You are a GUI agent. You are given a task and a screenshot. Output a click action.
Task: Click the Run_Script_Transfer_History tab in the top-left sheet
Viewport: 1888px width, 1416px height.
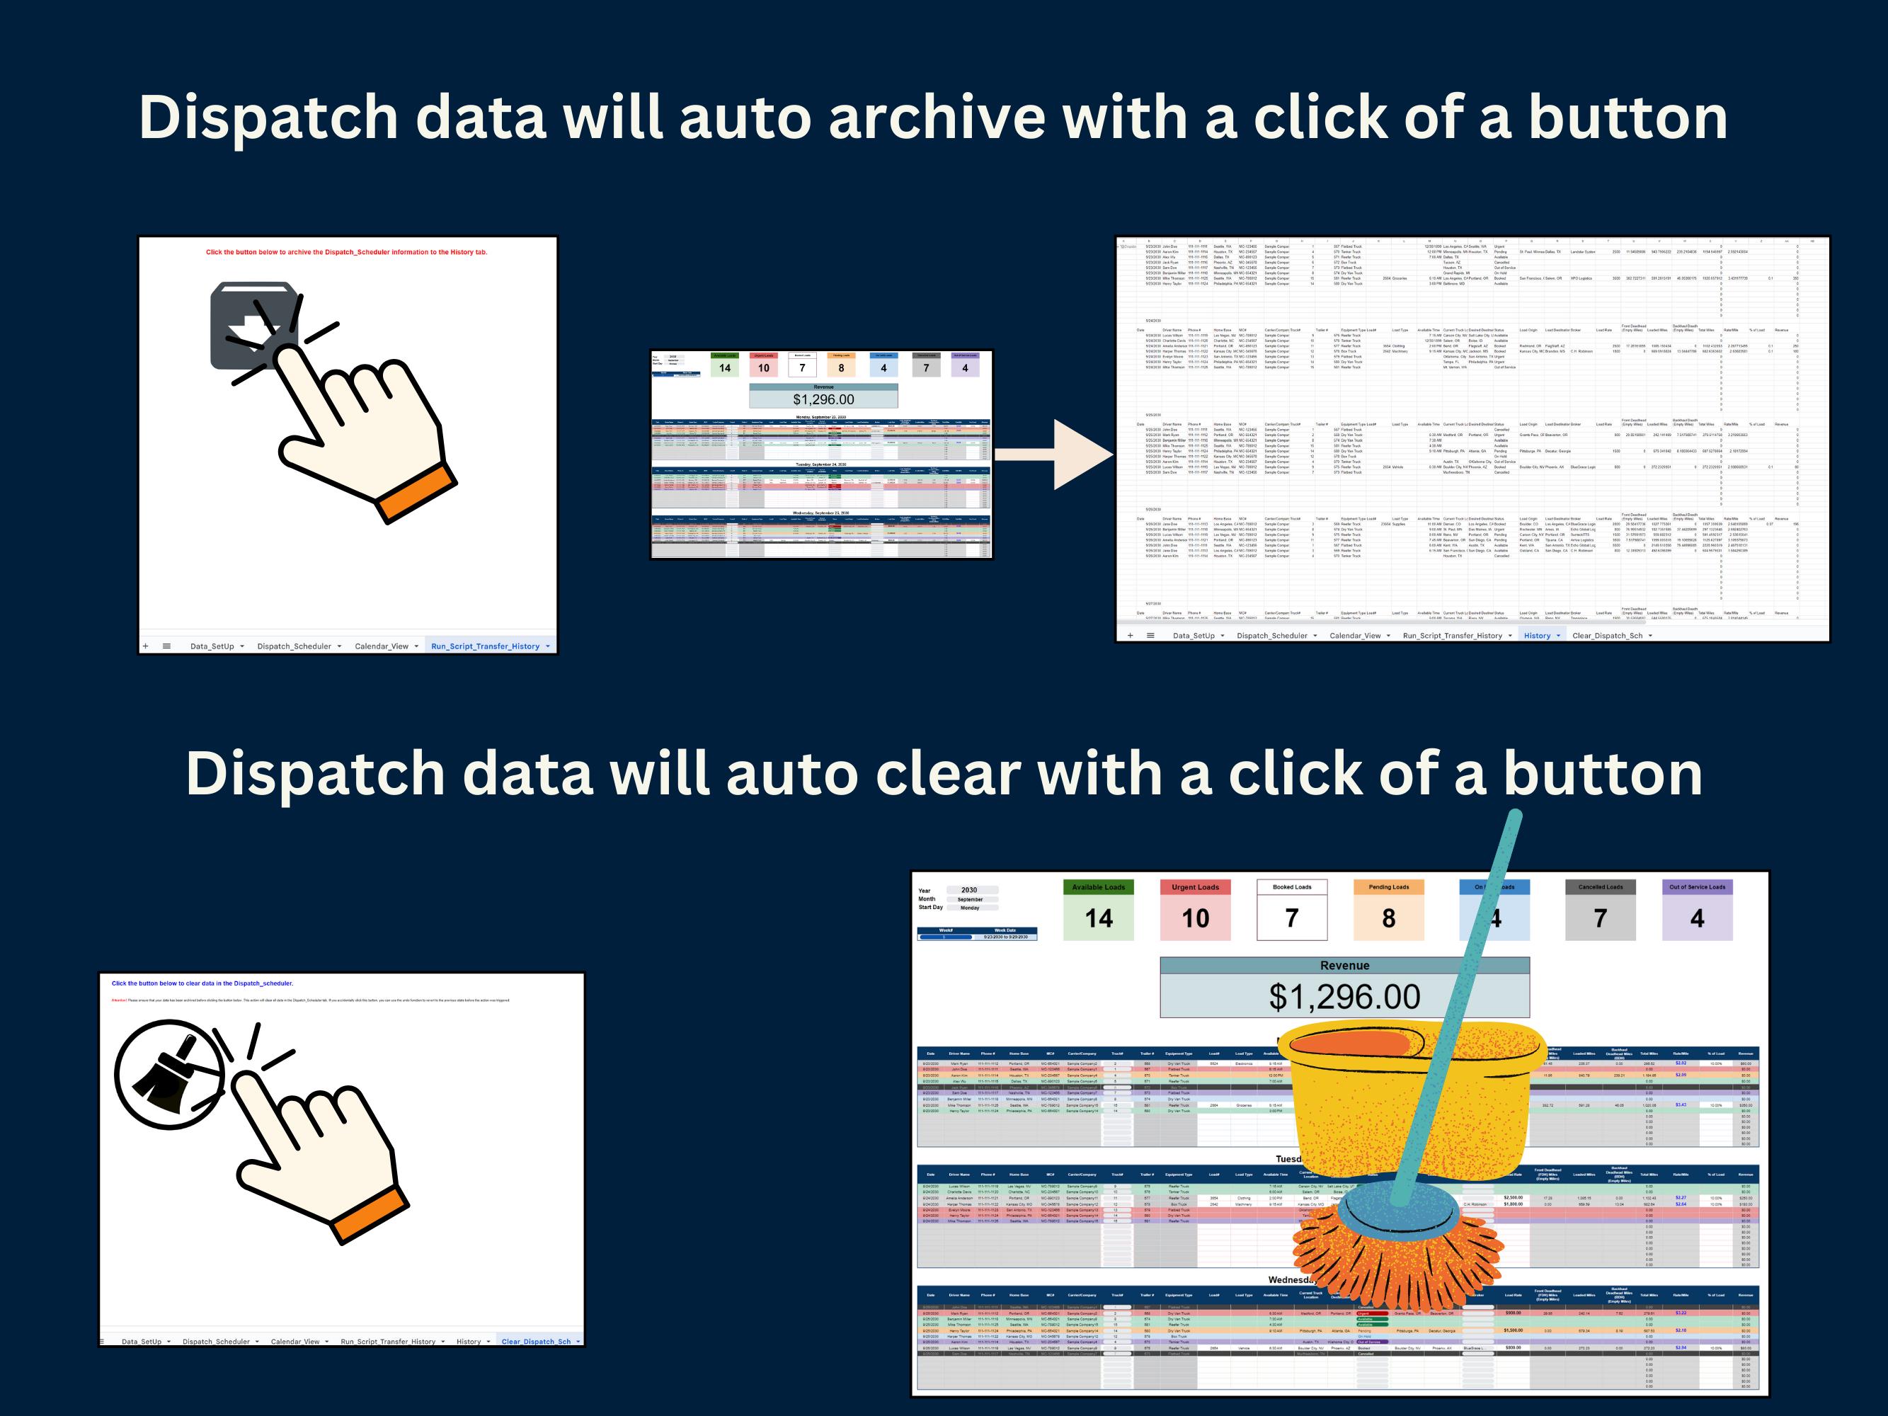click(x=485, y=646)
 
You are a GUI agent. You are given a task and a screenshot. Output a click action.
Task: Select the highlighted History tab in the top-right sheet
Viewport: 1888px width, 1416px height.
click(x=1536, y=635)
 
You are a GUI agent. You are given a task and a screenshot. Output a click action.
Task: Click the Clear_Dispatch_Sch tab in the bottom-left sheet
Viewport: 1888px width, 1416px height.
click(x=536, y=1341)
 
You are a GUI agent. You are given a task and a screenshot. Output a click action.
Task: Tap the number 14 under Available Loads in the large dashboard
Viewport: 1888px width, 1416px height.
click(x=1099, y=918)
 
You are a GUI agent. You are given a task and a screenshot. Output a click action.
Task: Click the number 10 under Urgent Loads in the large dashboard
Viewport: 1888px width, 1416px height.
click(x=1195, y=918)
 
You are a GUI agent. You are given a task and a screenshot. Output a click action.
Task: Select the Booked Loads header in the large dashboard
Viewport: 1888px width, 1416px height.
click(x=1291, y=887)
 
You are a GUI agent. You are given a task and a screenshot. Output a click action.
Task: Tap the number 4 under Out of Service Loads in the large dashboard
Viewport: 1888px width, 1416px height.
click(x=1697, y=918)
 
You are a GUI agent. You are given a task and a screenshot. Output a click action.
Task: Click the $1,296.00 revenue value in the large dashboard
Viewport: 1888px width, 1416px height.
click(x=1344, y=997)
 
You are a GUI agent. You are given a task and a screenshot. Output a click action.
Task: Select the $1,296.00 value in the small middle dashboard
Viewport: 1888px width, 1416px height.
click(x=823, y=399)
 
